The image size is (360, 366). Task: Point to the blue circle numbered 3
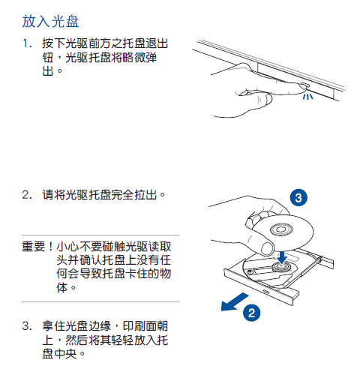click(298, 198)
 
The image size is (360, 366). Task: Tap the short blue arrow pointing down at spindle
click(281, 255)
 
